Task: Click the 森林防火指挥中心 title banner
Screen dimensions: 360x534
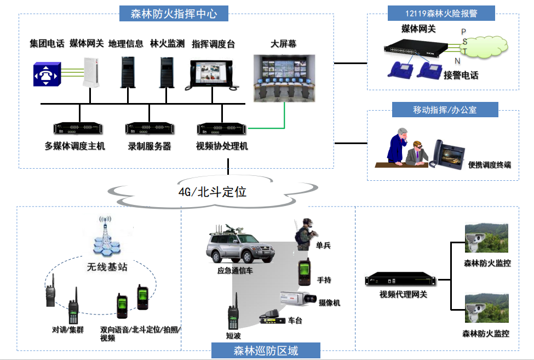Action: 174,13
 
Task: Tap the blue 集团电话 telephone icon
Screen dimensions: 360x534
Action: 46,75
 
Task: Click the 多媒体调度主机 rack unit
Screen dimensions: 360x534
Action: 78,129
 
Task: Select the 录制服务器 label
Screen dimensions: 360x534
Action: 150,146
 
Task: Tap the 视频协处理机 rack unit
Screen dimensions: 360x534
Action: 222,129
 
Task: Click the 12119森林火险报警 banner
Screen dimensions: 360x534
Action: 441,13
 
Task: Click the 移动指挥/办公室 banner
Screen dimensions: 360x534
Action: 444,110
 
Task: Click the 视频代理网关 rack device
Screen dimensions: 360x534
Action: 402,281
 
